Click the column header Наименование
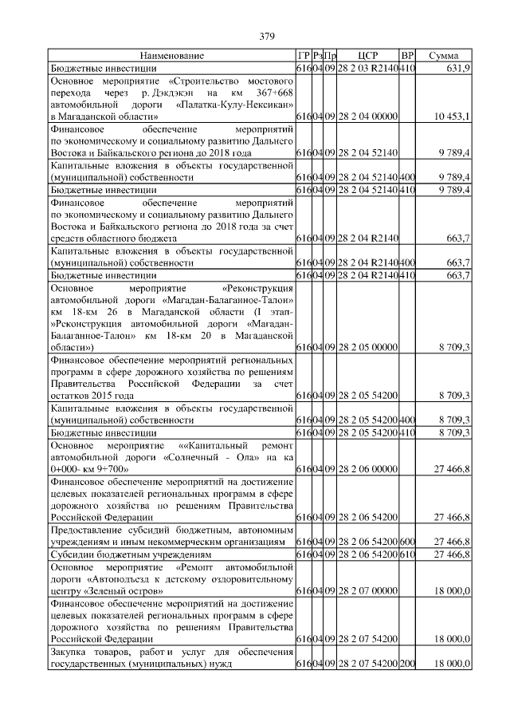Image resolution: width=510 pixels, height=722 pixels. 172,56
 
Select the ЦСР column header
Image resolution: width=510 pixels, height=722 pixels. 367,56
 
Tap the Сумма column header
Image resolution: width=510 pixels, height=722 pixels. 443,56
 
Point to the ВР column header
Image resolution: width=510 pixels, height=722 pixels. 407,56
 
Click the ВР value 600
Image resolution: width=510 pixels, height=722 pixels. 407,542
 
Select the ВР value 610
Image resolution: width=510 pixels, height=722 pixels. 407,554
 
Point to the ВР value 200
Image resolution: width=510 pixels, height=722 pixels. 407,664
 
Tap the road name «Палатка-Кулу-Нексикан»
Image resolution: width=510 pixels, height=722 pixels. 231,105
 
